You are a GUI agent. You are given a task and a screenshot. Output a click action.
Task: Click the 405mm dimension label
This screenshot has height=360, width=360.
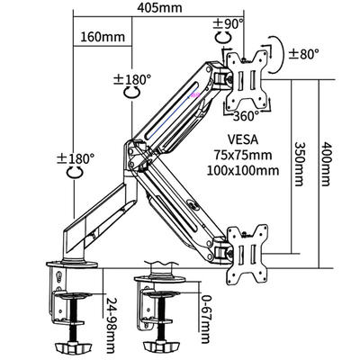159,8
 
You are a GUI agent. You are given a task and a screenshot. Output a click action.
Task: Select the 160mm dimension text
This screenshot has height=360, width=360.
103,37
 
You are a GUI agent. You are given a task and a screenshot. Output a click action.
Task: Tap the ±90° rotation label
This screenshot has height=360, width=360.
228,23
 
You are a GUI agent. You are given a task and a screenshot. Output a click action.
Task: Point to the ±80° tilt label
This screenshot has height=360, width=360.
303,54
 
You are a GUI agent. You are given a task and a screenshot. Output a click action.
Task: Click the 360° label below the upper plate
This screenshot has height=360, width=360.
246,116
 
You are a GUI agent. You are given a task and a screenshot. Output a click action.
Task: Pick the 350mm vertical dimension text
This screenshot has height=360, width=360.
300,164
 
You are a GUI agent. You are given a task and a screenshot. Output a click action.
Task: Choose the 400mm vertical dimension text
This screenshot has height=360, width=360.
326,164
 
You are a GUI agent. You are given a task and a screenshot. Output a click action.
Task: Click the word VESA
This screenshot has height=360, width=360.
243,139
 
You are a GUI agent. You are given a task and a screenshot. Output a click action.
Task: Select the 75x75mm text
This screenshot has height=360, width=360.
243,155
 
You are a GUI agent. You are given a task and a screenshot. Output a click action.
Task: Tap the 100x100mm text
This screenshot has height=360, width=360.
243,171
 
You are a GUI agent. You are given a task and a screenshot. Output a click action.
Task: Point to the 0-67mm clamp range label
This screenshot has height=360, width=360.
205,319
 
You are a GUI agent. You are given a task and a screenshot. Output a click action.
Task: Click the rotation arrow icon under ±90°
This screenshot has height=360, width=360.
223,38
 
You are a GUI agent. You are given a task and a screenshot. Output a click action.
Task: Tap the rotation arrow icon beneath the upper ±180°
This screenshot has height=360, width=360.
132,92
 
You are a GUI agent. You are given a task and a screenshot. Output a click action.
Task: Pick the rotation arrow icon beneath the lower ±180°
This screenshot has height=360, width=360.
75,172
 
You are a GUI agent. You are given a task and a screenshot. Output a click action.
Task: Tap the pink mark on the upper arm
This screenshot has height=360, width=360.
195,94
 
